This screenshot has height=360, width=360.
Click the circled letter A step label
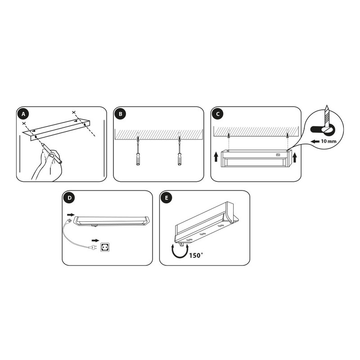pyautogui.click(x=23, y=114)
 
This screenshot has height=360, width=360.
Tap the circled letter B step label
pyautogui.click(x=121, y=114)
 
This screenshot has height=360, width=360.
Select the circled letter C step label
pyautogui.click(x=218, y=114)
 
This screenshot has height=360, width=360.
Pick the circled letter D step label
pyautogui.click(x=69, y=198)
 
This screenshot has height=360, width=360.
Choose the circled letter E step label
pyautogui.click(x=166, y=198)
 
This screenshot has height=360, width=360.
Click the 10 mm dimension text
pyautogui.click(x=328, y=141)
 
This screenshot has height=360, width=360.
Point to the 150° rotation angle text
pyautogui.click(x=196, y=256)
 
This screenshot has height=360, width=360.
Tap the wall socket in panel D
pyautogui.click(x=105, y=247)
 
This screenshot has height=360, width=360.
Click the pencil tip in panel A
pyautogui.click(x=41, y=144)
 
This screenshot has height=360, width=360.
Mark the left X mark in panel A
pyautogui.click(x=24, y=123)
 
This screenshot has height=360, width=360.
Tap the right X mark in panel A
pyautogui.click(x=73, y=112)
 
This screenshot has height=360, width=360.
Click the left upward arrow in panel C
pyautogui.click(x=216, y=157)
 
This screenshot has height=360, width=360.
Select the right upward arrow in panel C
pyautogui.click(x=295, y=158)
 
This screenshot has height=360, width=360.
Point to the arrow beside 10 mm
pyautogui.click(x=315, y=141)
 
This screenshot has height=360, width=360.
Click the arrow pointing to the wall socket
pyautogui.click(x=95, y=240)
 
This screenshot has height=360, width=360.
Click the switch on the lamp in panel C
pyautogui.click(x=278, y=155)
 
